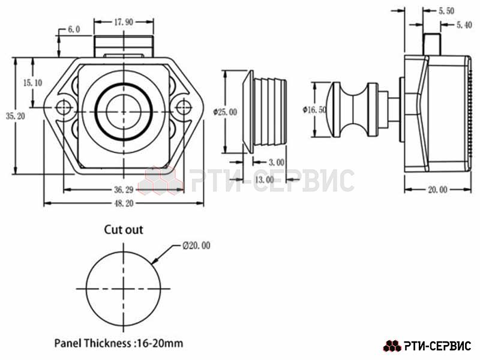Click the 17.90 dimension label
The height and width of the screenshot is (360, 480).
[x=124, y=22]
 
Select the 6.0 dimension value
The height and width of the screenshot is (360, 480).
[x=74, y=29]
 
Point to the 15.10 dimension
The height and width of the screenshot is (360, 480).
[x=33, y=83]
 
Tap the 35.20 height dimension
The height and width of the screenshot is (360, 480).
[x=16, y=116]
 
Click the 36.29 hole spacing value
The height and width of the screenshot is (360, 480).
[x=124, y=190]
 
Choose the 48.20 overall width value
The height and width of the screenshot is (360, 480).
[x=124, y=203]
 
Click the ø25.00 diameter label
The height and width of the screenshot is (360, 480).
[x=226, y=112]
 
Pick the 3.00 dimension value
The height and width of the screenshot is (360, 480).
[x=277, y=162]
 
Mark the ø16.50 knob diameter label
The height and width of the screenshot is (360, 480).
[x=314, y=110]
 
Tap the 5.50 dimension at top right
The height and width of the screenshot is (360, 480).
[x=446, y=11]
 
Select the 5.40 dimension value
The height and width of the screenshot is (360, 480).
[x=464, y=25]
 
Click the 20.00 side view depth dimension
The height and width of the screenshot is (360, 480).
[x=437, y=190]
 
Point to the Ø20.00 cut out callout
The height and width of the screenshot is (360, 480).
[x=196, y=245]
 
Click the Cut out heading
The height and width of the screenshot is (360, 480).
[x=124, y=230]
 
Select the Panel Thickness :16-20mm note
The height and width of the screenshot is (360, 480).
[x=119, y=343]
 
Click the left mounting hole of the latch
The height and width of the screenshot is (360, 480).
[x=64, y=107]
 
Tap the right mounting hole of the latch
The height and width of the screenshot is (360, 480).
[x=184, y=107]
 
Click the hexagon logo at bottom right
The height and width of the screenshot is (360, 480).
[x=392, y=346]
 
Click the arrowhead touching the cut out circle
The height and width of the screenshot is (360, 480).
[x=155, y=260]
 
